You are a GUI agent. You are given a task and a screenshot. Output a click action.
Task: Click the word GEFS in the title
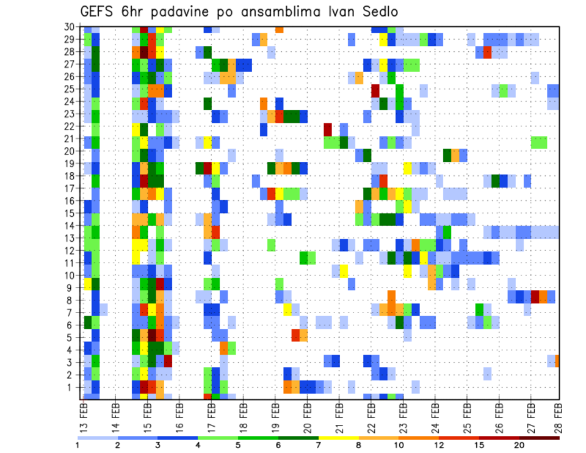point(98,13)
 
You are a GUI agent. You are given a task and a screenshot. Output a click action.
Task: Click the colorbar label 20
point(519,445)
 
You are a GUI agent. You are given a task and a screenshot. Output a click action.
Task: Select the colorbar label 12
point(439,445)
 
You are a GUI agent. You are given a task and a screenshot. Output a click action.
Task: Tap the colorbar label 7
point(318,445)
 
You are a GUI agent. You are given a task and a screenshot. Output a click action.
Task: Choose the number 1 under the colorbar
point(78,445)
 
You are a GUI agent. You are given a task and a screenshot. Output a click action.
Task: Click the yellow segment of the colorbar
point(338,437)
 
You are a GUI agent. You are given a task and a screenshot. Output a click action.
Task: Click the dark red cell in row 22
point(328,129)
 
